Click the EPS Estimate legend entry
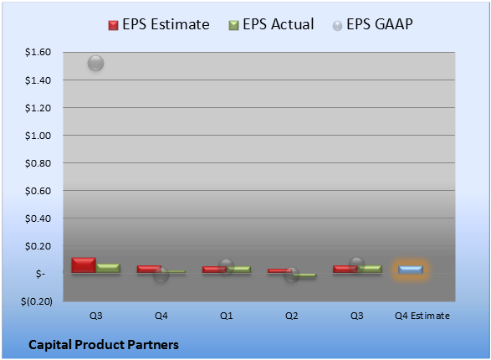coord(159,24)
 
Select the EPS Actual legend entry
coord(271,24)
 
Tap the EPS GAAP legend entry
coord(372,24)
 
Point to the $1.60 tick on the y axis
coord(38,52)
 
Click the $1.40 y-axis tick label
coord(38,80)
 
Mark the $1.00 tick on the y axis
coord(38,136)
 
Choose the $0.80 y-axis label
coord(38,163)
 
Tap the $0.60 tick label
coord(38,191)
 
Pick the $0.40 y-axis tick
coord(38,219)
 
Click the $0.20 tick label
coord(38,246)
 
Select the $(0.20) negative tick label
coord(37,301)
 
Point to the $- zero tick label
coord(40,274)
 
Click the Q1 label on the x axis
coord(227,316)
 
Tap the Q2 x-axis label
coord(292,316)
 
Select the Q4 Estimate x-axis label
coord(422,316)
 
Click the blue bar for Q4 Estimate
coord(411,270)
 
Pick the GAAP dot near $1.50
coord(96,64)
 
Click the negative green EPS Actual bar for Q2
coord(304,275)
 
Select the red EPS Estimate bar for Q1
coord(214,270)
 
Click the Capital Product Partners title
coord(104,345)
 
